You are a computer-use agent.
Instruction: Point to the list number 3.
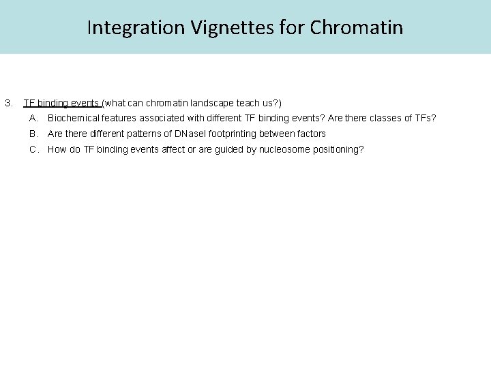click(x=8, y=104)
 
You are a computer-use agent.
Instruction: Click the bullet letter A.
click(x=33, y=119)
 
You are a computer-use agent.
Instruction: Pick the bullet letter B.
click(x=33, y=134)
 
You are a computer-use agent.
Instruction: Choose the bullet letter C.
click(x=33, y=149)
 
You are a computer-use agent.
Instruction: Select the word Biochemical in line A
click(x=72, y=119)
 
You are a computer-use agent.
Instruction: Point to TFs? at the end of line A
click(x=422, y=119)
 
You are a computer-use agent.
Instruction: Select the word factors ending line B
click(x=310, y=134)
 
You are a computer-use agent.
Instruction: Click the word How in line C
click(x=57, y=149)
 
